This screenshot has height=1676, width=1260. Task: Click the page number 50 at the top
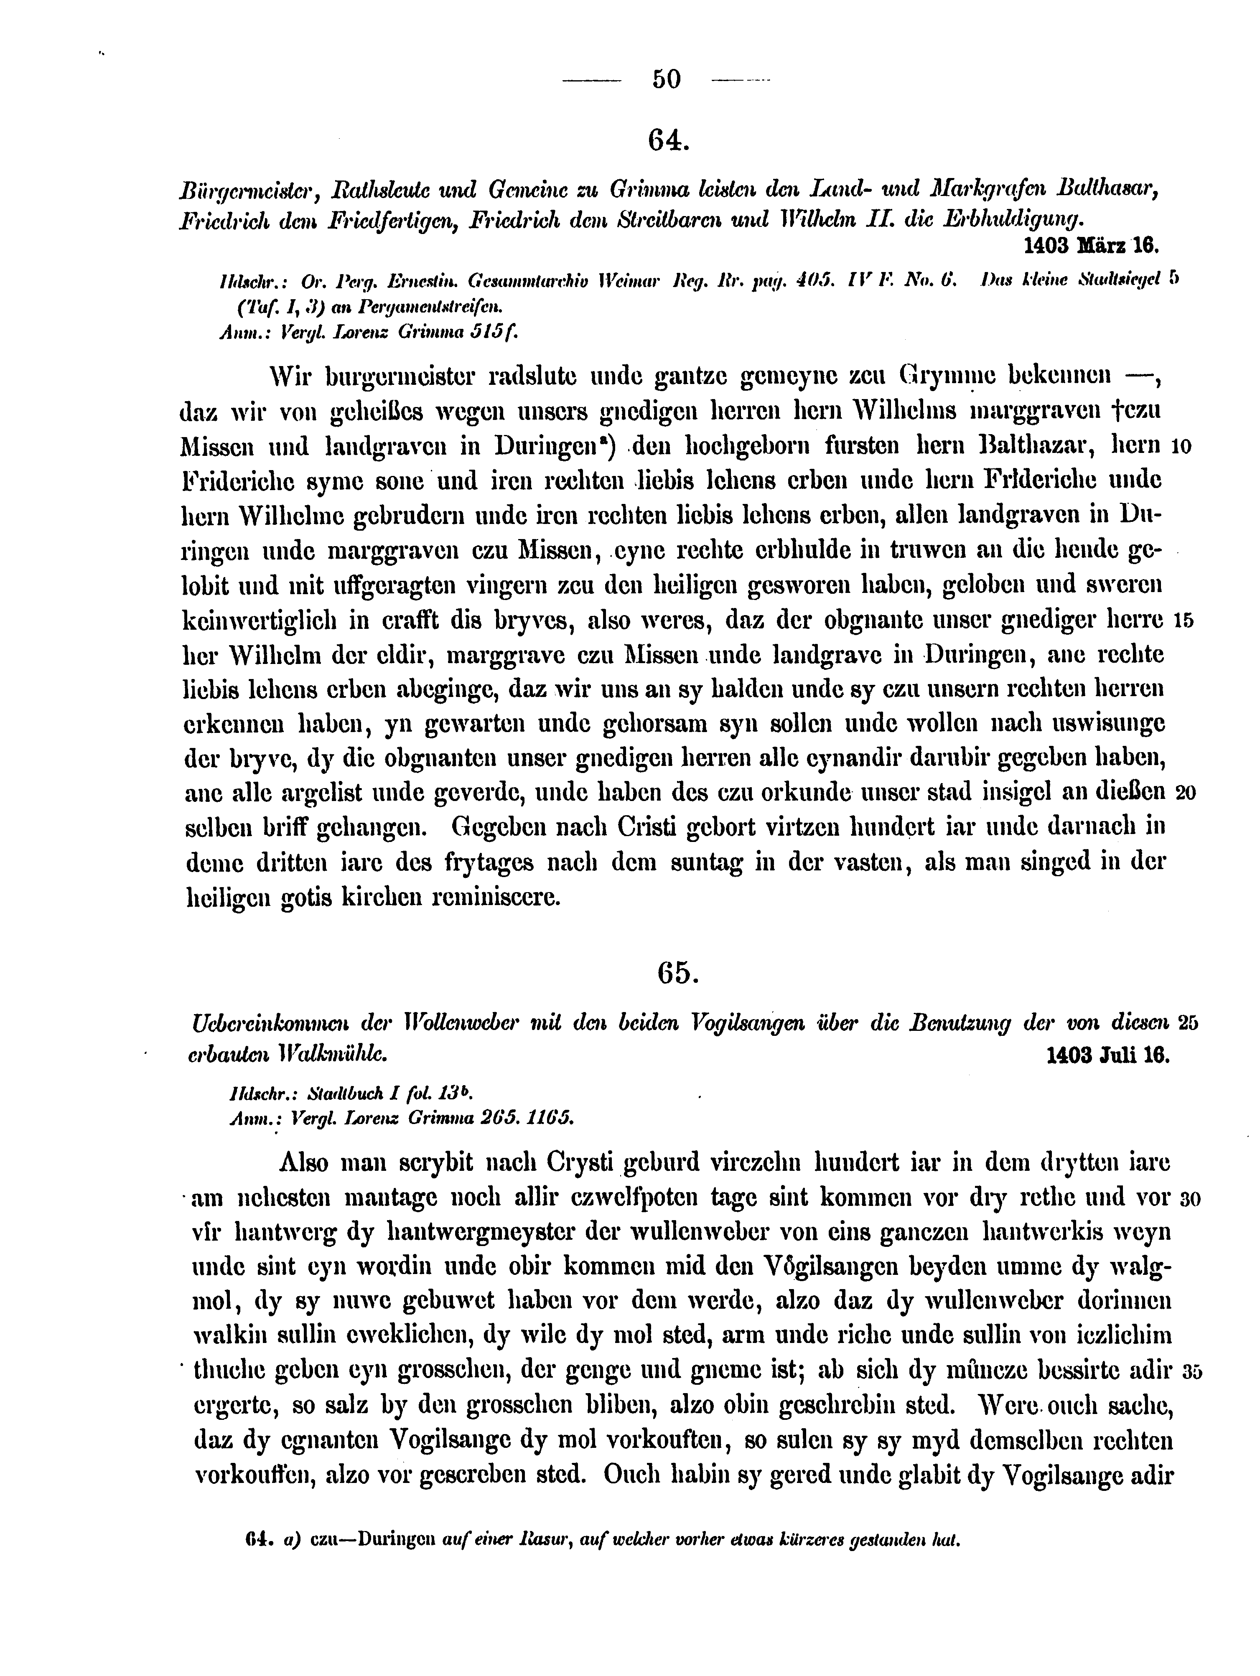point(666,79)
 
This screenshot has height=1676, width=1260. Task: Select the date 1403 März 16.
point(1092,246)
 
